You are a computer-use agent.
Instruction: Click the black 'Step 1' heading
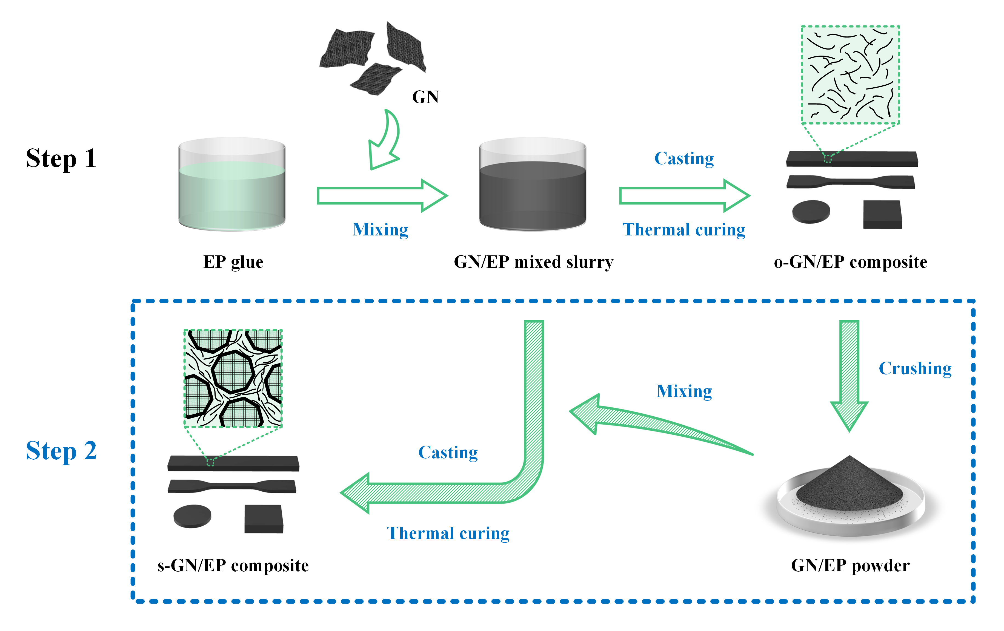click(61, 159)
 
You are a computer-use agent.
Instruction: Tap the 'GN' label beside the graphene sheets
click(425, 97)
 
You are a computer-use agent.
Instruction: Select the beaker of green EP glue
click(232, 185)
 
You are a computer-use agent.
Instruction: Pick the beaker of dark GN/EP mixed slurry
click(533, 185)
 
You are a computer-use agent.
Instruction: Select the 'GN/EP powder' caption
click(850, 566)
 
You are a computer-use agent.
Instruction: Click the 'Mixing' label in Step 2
click(684, 391)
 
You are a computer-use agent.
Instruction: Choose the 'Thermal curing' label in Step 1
click(684, 230)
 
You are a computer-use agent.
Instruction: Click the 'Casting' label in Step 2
click(448, 453)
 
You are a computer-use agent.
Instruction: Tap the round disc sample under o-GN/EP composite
click(811, 212)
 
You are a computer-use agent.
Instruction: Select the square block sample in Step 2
click(264, 519)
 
